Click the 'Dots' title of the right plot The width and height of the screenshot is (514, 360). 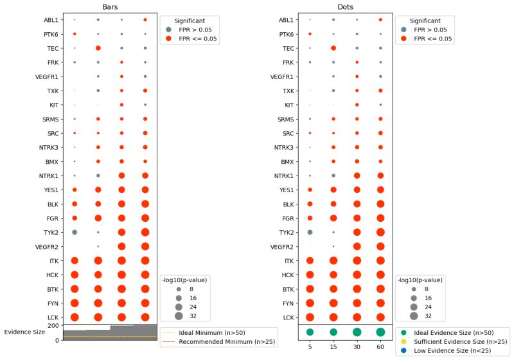[x=345, y=7]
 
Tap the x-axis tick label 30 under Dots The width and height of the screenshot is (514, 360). [x=357, y=348]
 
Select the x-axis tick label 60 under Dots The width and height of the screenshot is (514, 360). [x=380, y=348]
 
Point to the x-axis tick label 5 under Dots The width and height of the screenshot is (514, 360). [x=310, y=348]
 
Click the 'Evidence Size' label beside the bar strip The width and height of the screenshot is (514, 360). [x=24, y=332]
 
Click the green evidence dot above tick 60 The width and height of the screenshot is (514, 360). [x=380, y=332]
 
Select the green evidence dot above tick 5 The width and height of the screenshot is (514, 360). [x=310, y=332]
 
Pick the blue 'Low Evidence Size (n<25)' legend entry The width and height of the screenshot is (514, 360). [x=450, y=353]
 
